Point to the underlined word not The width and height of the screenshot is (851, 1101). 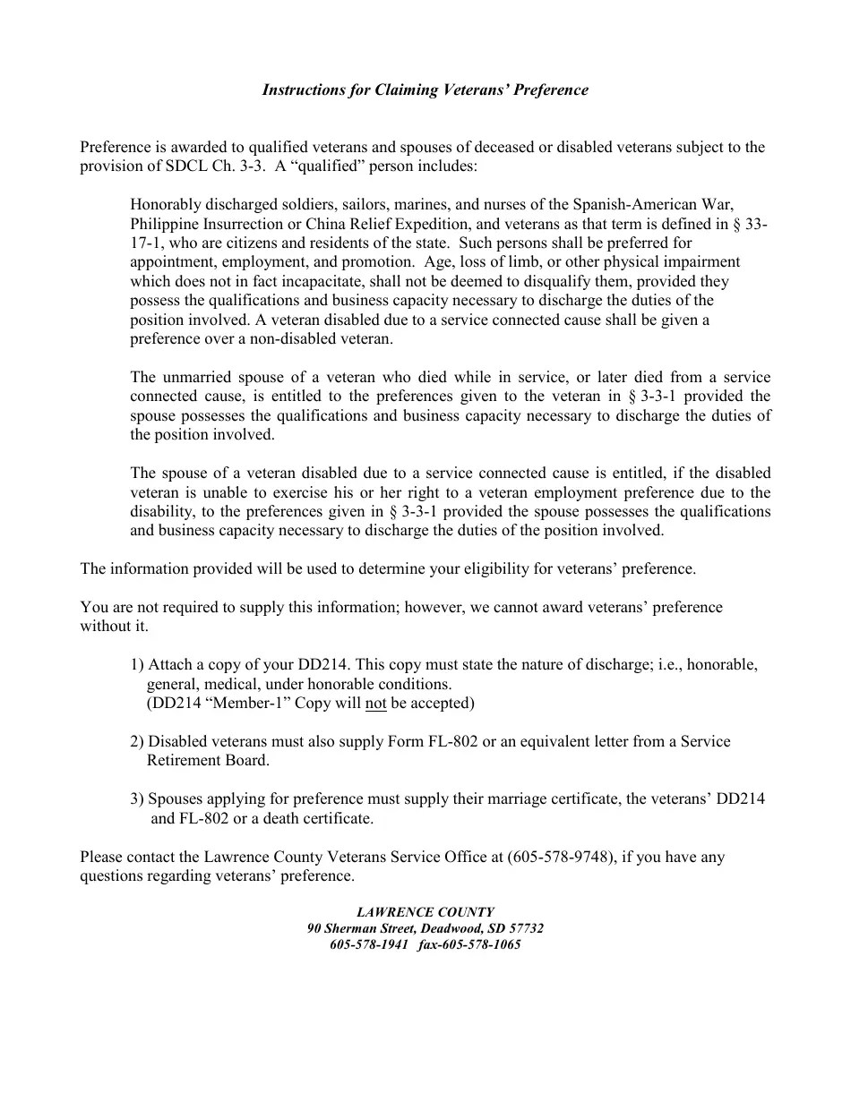(376, 703)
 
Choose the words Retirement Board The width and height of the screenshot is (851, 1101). (208, 761)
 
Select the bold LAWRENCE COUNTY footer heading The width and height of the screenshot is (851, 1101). (425, 912)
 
